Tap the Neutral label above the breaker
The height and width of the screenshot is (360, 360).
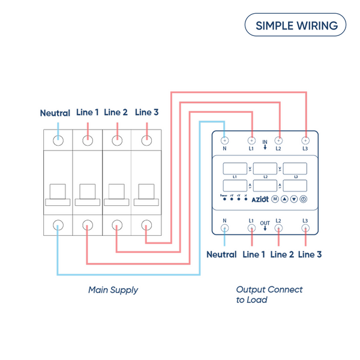(x=55, y=113)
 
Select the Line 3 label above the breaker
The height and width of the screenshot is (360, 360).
(x=147, y=112)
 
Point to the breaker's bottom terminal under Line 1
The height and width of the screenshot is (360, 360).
(x=88, y=226)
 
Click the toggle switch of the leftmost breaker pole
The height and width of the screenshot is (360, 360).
(x=58, y=192)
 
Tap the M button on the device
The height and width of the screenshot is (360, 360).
(x=275, y=199)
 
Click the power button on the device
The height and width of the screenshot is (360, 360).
(x=304, y=199)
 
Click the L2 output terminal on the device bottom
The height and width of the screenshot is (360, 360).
(x=278, y=228)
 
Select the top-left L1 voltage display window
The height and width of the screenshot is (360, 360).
(x=236, y=168)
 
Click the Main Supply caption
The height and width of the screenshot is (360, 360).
(x=113, y=290)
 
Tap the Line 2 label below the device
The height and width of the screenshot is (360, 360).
(x=282, y=254)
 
